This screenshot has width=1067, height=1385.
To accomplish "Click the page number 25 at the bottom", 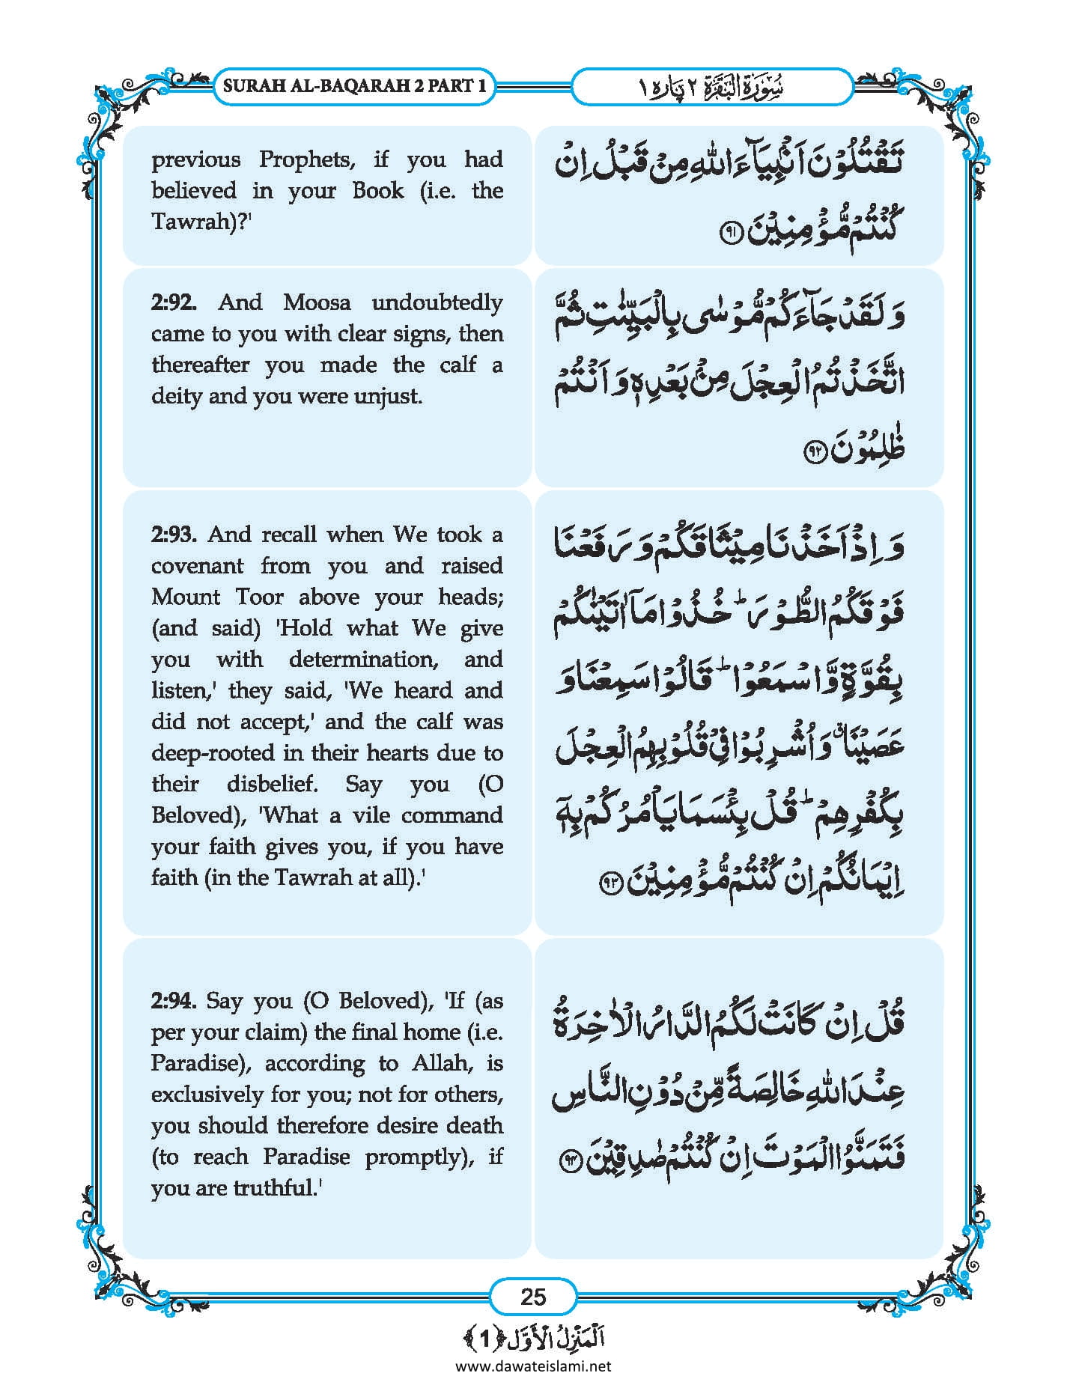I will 532,1296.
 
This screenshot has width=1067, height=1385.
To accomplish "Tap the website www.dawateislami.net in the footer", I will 533,1366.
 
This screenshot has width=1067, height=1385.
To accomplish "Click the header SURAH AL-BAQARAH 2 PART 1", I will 355,85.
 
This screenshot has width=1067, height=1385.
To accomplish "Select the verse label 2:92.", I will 174,303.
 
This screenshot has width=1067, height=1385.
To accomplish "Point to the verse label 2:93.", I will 174,535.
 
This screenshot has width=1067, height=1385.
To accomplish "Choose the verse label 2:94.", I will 174,1002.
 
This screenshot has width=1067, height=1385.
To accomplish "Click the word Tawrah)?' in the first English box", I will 200,222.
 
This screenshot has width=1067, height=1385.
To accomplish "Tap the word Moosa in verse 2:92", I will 317,303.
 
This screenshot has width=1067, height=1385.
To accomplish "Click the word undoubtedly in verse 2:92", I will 437,303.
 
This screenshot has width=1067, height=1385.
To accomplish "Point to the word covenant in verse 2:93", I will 197,567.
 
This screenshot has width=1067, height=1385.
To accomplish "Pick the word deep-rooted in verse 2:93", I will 216,753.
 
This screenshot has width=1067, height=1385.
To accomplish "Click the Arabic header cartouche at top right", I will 712,86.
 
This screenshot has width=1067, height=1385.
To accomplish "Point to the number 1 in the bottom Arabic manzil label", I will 484,1339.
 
